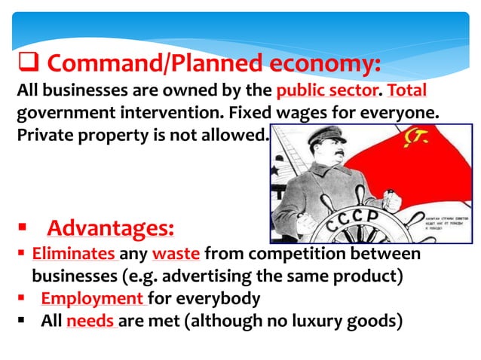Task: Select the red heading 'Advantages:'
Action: pos(111,227)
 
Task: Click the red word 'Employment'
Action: pos(92,298)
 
